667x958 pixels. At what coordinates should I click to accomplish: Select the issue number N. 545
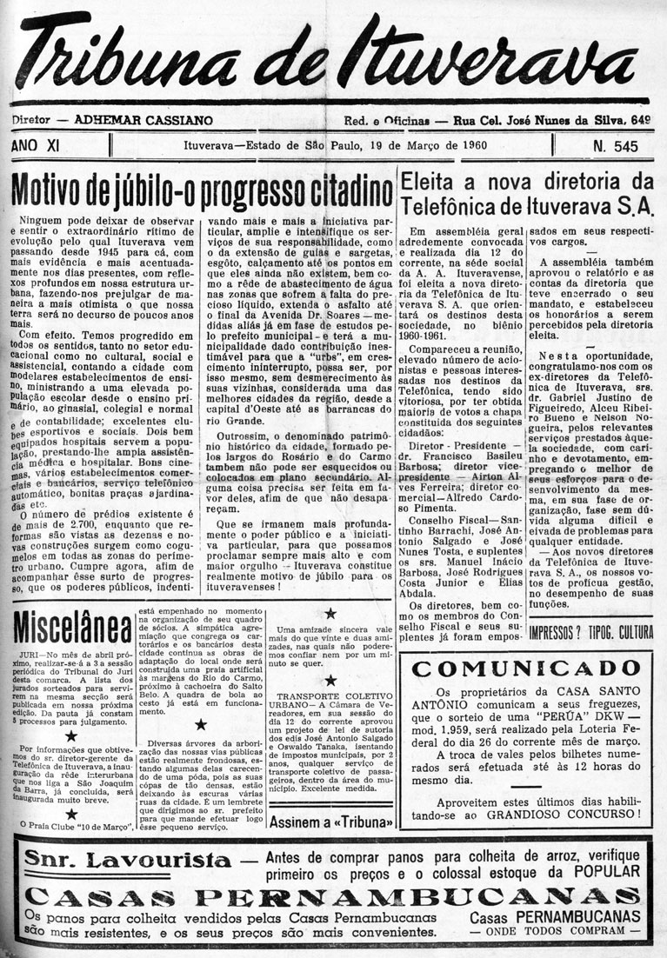tap(615, 145)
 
